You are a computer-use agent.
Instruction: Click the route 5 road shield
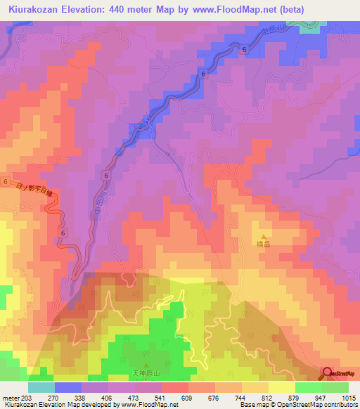[148, 122]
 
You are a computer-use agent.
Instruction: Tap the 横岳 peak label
[264, 246]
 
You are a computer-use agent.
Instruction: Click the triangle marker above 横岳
[264, 237]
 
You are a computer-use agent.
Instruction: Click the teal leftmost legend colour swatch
[41, 387]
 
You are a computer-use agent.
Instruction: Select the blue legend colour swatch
[67, 387]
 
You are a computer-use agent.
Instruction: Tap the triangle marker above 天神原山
[146, 363]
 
